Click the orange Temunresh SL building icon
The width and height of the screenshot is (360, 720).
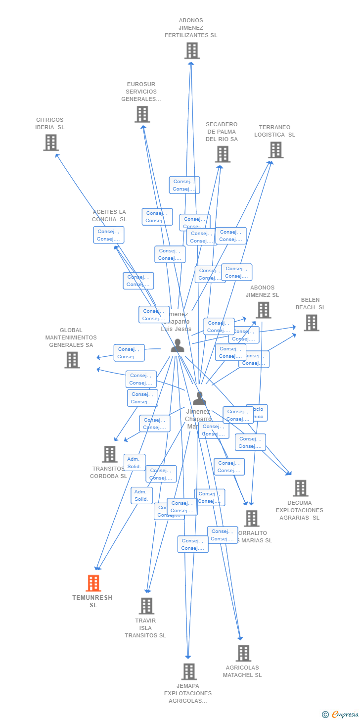coord(93,583)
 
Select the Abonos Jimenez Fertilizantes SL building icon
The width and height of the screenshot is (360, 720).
coord(192,50)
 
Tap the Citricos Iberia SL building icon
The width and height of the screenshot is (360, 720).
coord(51,143)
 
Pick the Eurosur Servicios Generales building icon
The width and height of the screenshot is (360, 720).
coord(142,114)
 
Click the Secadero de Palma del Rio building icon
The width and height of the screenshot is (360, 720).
coord(223,154)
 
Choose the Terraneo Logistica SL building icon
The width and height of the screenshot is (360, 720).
coord(275,149)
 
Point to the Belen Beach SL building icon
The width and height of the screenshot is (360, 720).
coord(311,323)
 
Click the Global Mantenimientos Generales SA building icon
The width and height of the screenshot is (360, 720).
coord(72,360)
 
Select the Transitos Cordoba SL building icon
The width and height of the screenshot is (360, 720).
coord(109,454)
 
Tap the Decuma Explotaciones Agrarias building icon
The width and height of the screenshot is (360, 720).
coord(300,488)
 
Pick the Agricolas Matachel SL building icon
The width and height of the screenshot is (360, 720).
coord(243,653)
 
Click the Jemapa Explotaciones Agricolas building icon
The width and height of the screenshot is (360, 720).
coord(189,672)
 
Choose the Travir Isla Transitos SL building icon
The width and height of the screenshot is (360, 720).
coord(146,606)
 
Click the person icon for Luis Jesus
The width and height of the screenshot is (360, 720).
coord(178,345)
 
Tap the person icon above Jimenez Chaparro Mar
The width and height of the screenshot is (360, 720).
coord(199,398)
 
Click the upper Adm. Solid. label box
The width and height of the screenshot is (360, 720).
coord(135,462)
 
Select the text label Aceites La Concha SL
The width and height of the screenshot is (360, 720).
coord(109,216)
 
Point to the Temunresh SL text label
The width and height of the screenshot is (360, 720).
coord(92,601)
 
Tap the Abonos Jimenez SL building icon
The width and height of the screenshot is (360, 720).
coord(263,310)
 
